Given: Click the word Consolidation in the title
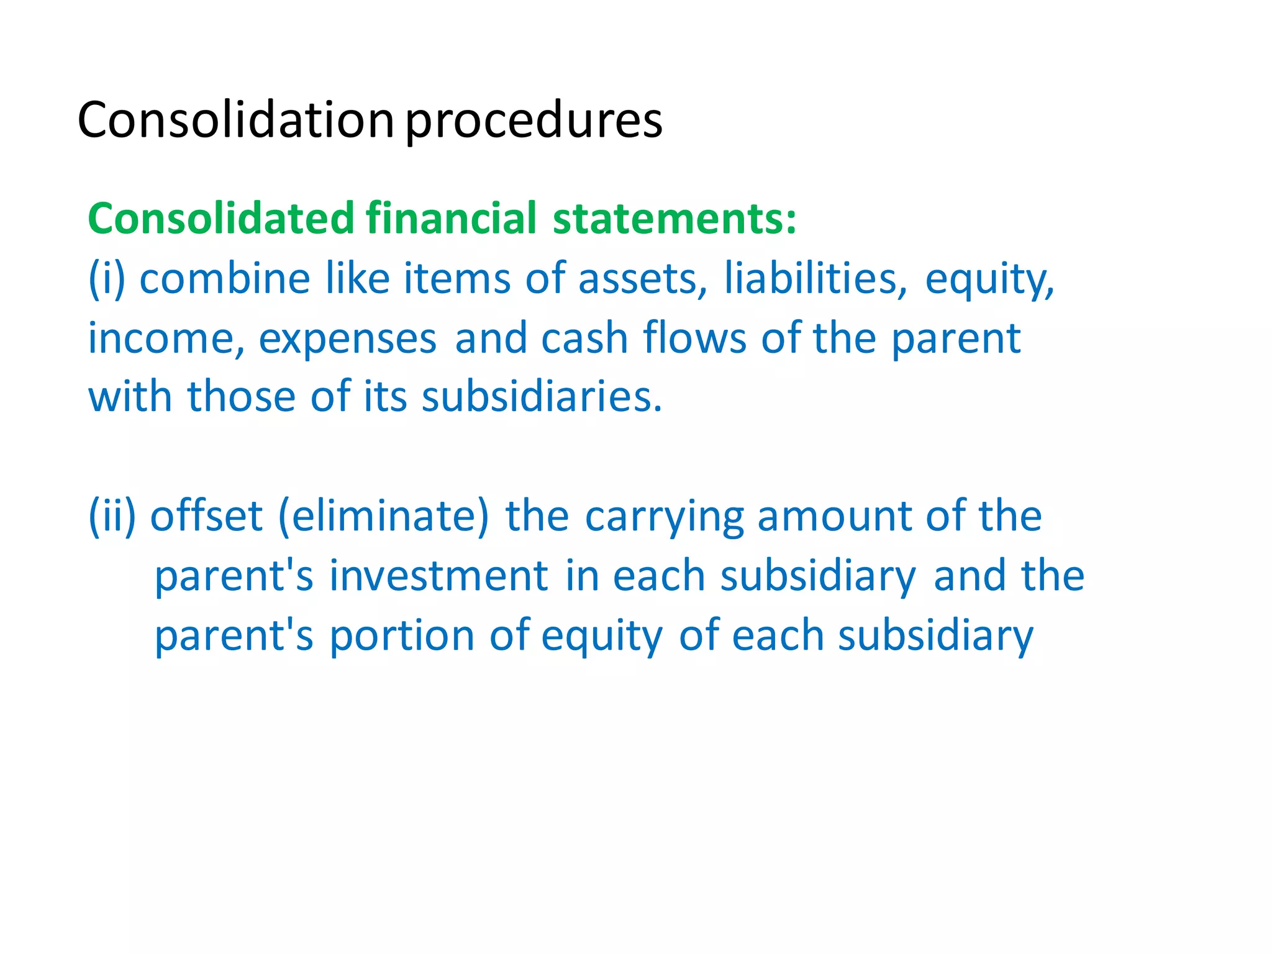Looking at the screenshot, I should click(235, 120).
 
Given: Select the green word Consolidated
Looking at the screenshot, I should click(220, 219).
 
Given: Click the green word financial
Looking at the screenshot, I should click(451, 219).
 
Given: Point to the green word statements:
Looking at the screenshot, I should click(675, 219).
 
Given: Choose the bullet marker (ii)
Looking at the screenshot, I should click(112, 516).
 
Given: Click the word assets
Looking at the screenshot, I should click(643, 279).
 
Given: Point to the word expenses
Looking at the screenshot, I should click(348, 340).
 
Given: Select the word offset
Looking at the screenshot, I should click(206, 516).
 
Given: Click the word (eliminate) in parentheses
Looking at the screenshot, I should click(383, 516).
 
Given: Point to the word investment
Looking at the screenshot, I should click(438, 576).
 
